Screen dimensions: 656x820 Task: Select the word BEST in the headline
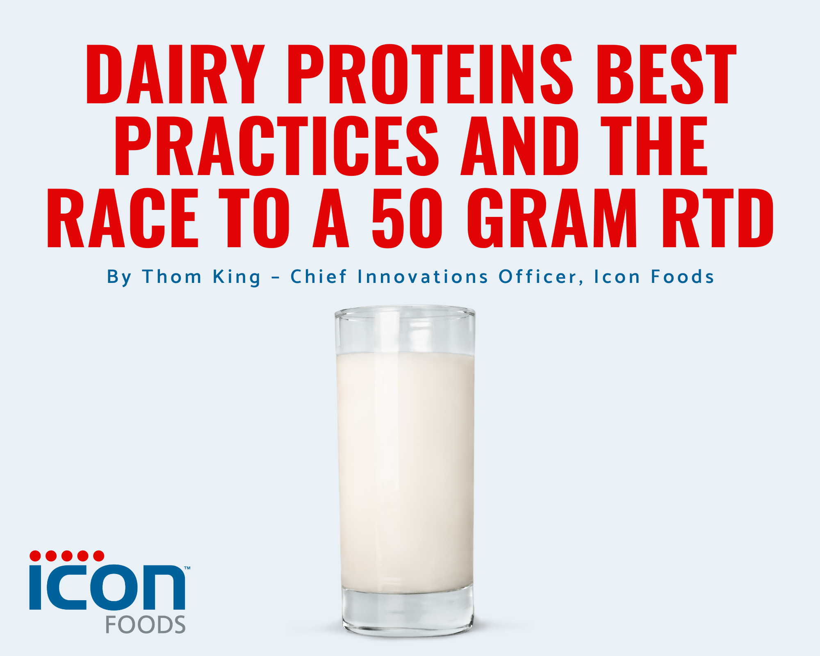click(666, 75)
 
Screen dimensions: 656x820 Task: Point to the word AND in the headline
click(520, 146)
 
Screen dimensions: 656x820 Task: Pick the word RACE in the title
click(123, 218)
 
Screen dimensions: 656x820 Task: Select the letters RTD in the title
click(718, 218)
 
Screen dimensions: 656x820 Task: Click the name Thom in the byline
click(172, 277)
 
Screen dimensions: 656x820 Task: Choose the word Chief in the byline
click(319, 277)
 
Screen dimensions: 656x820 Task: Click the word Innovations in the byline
click(423, 277)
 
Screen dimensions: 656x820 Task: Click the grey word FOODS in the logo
click(146, 625)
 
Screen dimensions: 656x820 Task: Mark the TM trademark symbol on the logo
click(187, 568)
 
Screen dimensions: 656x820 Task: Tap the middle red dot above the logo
click(67, 556)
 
